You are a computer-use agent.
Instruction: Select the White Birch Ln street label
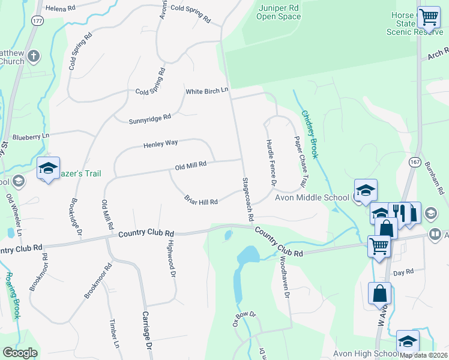tap(207, 91)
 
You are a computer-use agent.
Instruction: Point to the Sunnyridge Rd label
tap(150, 119)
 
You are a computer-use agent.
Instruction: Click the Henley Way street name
tap(160, 144)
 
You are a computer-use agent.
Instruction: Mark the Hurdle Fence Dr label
tap(271, 163)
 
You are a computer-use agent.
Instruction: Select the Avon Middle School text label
tap(312, 198)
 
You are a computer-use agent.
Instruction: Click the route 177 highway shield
tap(38, 21)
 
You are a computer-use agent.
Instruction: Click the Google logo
tap(20, 353)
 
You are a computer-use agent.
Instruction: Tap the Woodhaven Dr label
tap(285, 278)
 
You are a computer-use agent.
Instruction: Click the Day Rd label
tap(403, 272)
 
